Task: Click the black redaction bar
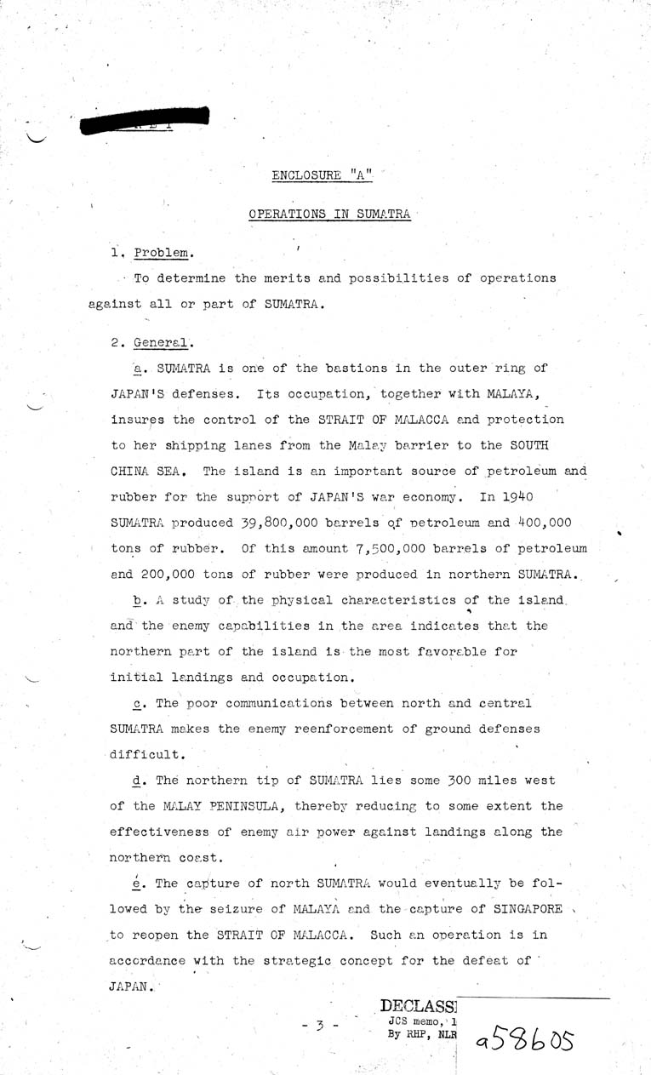(143, 122)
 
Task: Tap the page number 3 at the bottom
(320, 1026)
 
